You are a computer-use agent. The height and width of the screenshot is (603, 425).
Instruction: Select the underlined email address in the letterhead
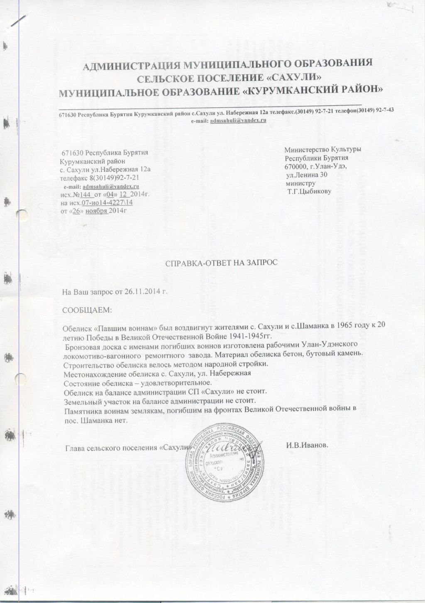pos(238,120)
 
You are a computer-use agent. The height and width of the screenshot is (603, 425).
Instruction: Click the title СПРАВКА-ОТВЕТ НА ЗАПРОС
pos(221,264)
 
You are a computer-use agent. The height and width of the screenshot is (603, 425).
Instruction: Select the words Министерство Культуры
pos(322,149)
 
